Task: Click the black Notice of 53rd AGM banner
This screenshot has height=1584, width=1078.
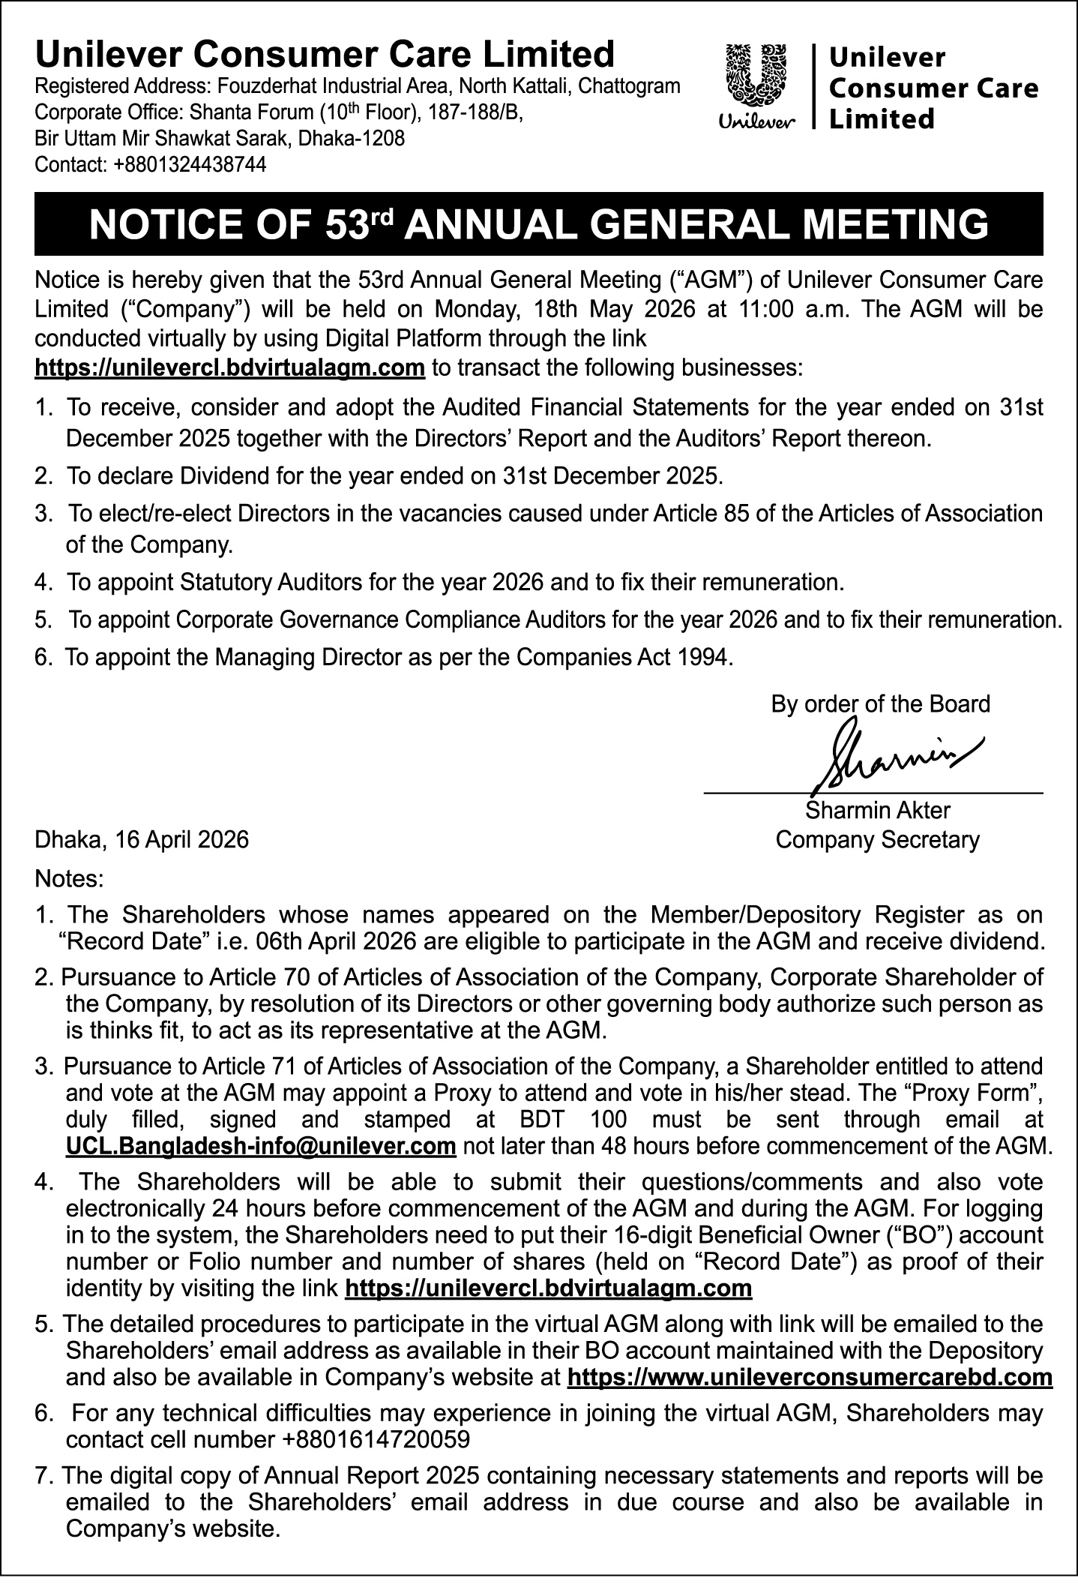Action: click(538, 224)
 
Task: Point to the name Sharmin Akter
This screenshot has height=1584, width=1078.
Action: click(877, 811)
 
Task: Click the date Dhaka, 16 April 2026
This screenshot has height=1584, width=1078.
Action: click(142, 839)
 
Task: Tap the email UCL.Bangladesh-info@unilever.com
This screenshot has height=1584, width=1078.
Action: click(261, 1147)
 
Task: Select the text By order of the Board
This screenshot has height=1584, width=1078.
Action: click(880, 704)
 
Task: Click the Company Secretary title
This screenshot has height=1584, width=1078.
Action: click(877, 839)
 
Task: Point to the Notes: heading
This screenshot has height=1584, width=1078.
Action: click(70, 877)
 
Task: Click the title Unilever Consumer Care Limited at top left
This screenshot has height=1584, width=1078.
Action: click(325, 55)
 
